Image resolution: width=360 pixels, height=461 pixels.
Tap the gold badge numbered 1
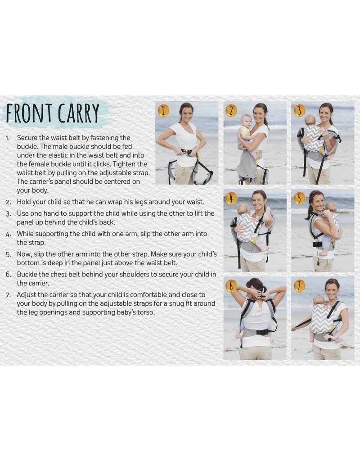click(x=164, y=110)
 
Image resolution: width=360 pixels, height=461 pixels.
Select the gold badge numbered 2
click(x=231, y=111)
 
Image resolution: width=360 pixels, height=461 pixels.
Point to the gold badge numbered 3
click(x=299, y=111)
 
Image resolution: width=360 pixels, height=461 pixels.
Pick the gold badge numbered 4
click(x=231, y=198)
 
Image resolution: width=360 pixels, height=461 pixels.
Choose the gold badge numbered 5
click(x=299, y=198)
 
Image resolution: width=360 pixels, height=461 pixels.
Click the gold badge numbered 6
click(x=231, y=285)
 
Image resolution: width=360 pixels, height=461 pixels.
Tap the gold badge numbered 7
click(x=299, y=285)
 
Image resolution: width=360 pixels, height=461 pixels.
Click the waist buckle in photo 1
click(x=186, y=152)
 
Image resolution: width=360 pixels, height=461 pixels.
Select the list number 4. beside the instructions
click(x=9, y=234)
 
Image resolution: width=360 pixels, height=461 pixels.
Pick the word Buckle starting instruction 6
click(x=27, y=274)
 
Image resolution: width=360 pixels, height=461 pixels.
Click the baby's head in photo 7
click(x=319, y=300)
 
